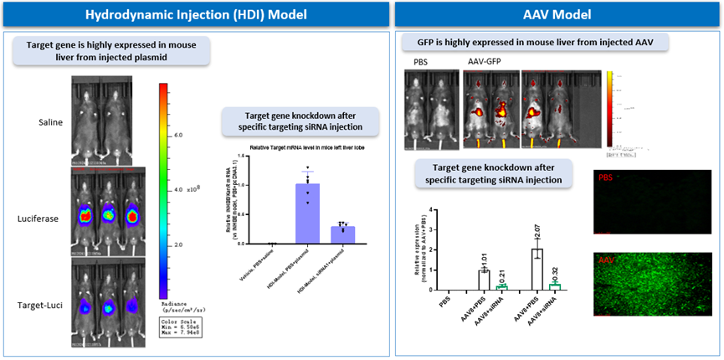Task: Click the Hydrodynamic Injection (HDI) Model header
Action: click(194, 13)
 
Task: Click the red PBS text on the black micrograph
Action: click(604, 178)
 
